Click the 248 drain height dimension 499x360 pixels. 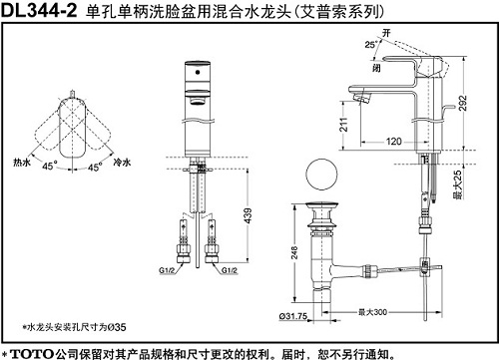(295, 253)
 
